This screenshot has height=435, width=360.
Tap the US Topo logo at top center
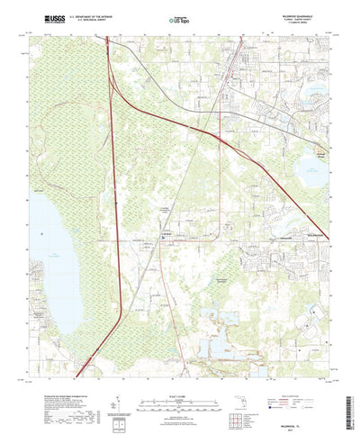pos(179,18)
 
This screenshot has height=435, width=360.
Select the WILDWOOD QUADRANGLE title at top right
pos(312,14)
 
